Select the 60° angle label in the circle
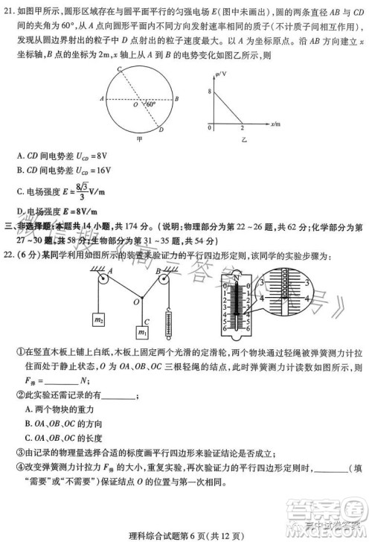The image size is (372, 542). pyautogui.click(x=151, y=105)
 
